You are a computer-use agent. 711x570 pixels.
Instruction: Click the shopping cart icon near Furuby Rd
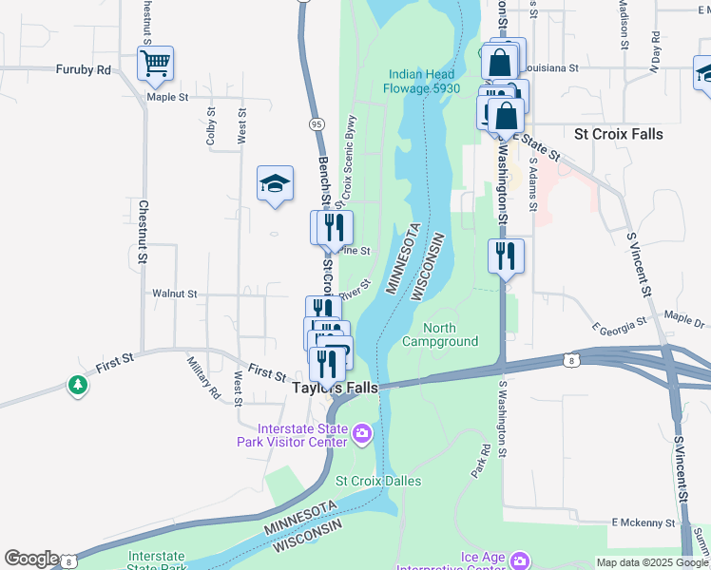pyautogui.click(x=155, y=64)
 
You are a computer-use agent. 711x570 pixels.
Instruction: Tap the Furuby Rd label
pyautogui.click(x=84, y=69)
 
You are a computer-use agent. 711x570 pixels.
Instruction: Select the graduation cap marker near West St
pyautogui.click(x=275, y=182)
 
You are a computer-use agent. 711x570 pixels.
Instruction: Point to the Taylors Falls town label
pyautogui.click(x=335, y=389)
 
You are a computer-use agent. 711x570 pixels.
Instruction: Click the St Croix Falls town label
pyautogui.click(x=619, y=134)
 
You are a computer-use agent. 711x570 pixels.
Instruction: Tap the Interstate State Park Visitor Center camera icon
pyautogui.click(x=361, y=435)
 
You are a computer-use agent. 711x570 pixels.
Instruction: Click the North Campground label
pyautogui.click(x=440, y=334)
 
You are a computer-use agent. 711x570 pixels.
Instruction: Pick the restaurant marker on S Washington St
pyautogui.click(x=506, y=256)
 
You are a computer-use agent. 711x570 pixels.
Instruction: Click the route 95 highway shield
pyautogui.click(x=317, y=124)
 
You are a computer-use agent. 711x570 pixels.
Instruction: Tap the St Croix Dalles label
pyautogui.click(x=378, y=481)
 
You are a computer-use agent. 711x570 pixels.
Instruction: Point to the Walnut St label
pyautogui.click(x=174, y=294)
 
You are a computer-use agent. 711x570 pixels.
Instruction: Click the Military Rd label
pyautogui.click(x=203, y=377)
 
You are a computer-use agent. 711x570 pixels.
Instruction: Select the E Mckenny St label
pyautogui.click(x=643, y=522)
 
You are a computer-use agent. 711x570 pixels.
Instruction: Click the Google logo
pyautogui.click(x=30, y=559)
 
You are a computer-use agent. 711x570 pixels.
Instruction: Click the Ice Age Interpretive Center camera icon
pyautogui.click(x=518, y=560)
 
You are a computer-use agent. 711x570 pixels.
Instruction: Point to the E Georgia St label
pyautogui.click(x=618, y=326)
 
